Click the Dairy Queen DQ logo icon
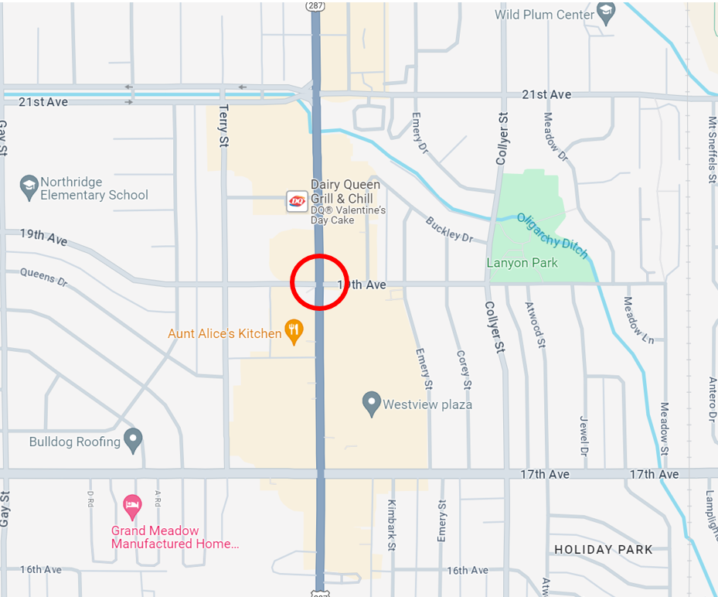pyautogui.click(x=298, y=201)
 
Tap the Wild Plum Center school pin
pyautogui.click(x=606, y=14)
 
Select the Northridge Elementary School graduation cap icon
pyautogui.click(x=29, y=187)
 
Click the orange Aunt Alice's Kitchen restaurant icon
pyautogui.click(x=294, y=333)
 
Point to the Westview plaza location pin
pyautogui.click(x=372, y=403)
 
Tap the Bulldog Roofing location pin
pyautogui.click(x=133, y=441)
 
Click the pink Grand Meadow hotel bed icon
pyautogui.click(x=133, y=507)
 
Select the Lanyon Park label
pyautogui.click(x=522, y=263)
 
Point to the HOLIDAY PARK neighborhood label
pyautogui.click(x=604, y=550)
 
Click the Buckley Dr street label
pyautogui.click(x=449, y=230)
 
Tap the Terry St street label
pyautogui.click(x=224, y=125)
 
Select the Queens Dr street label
pyautogui.click(x=44, y=276)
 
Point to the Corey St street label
pyautogui.click(x=463, y=370)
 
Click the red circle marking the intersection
pyautogui.click(x=319, y=282)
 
